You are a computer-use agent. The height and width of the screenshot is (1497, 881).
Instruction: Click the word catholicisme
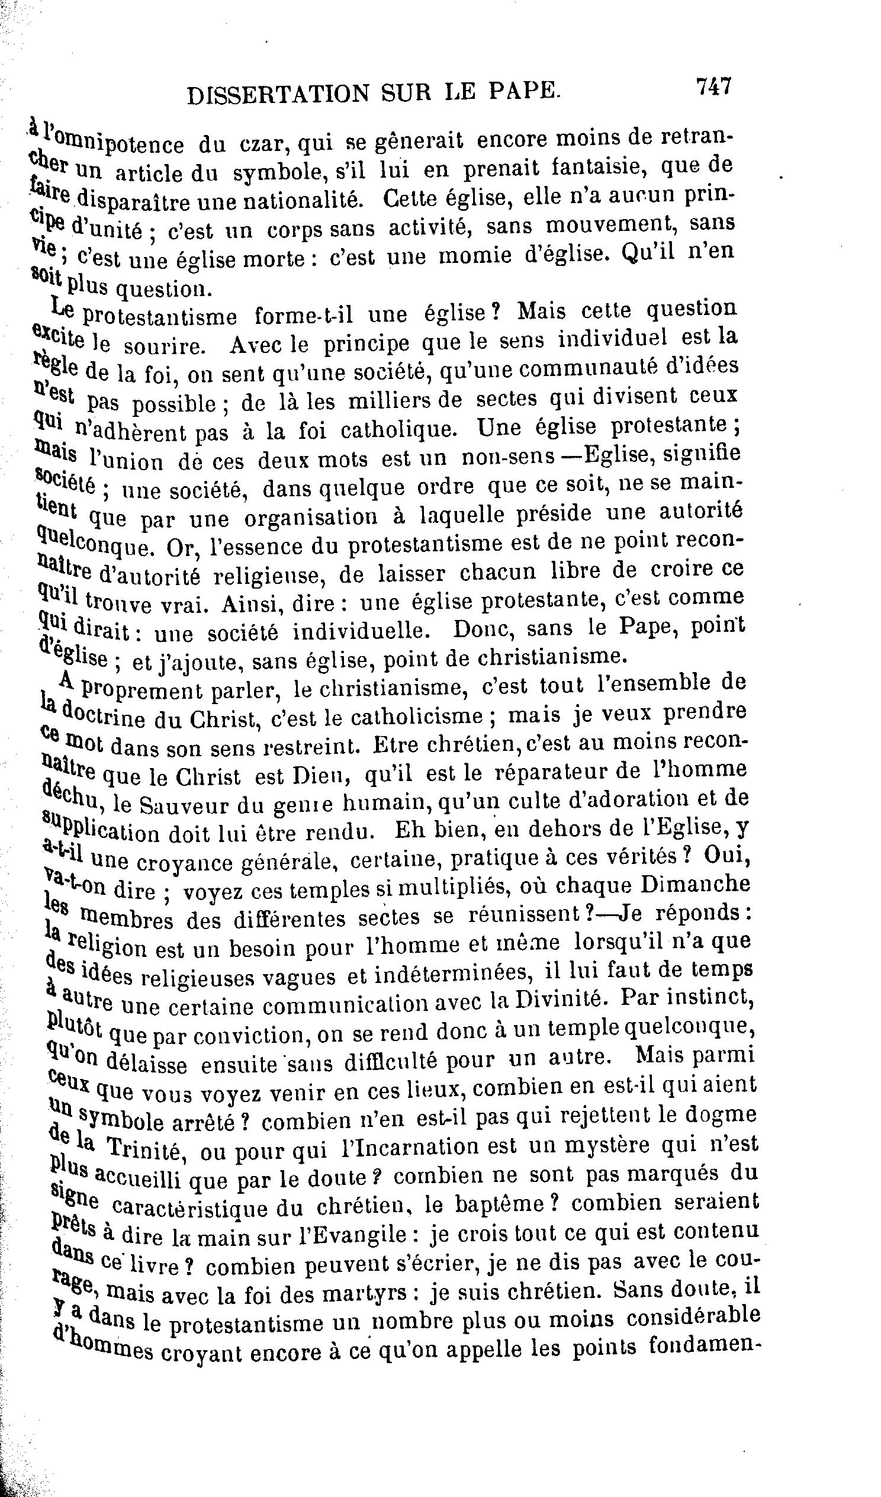click(x=416, y=717)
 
